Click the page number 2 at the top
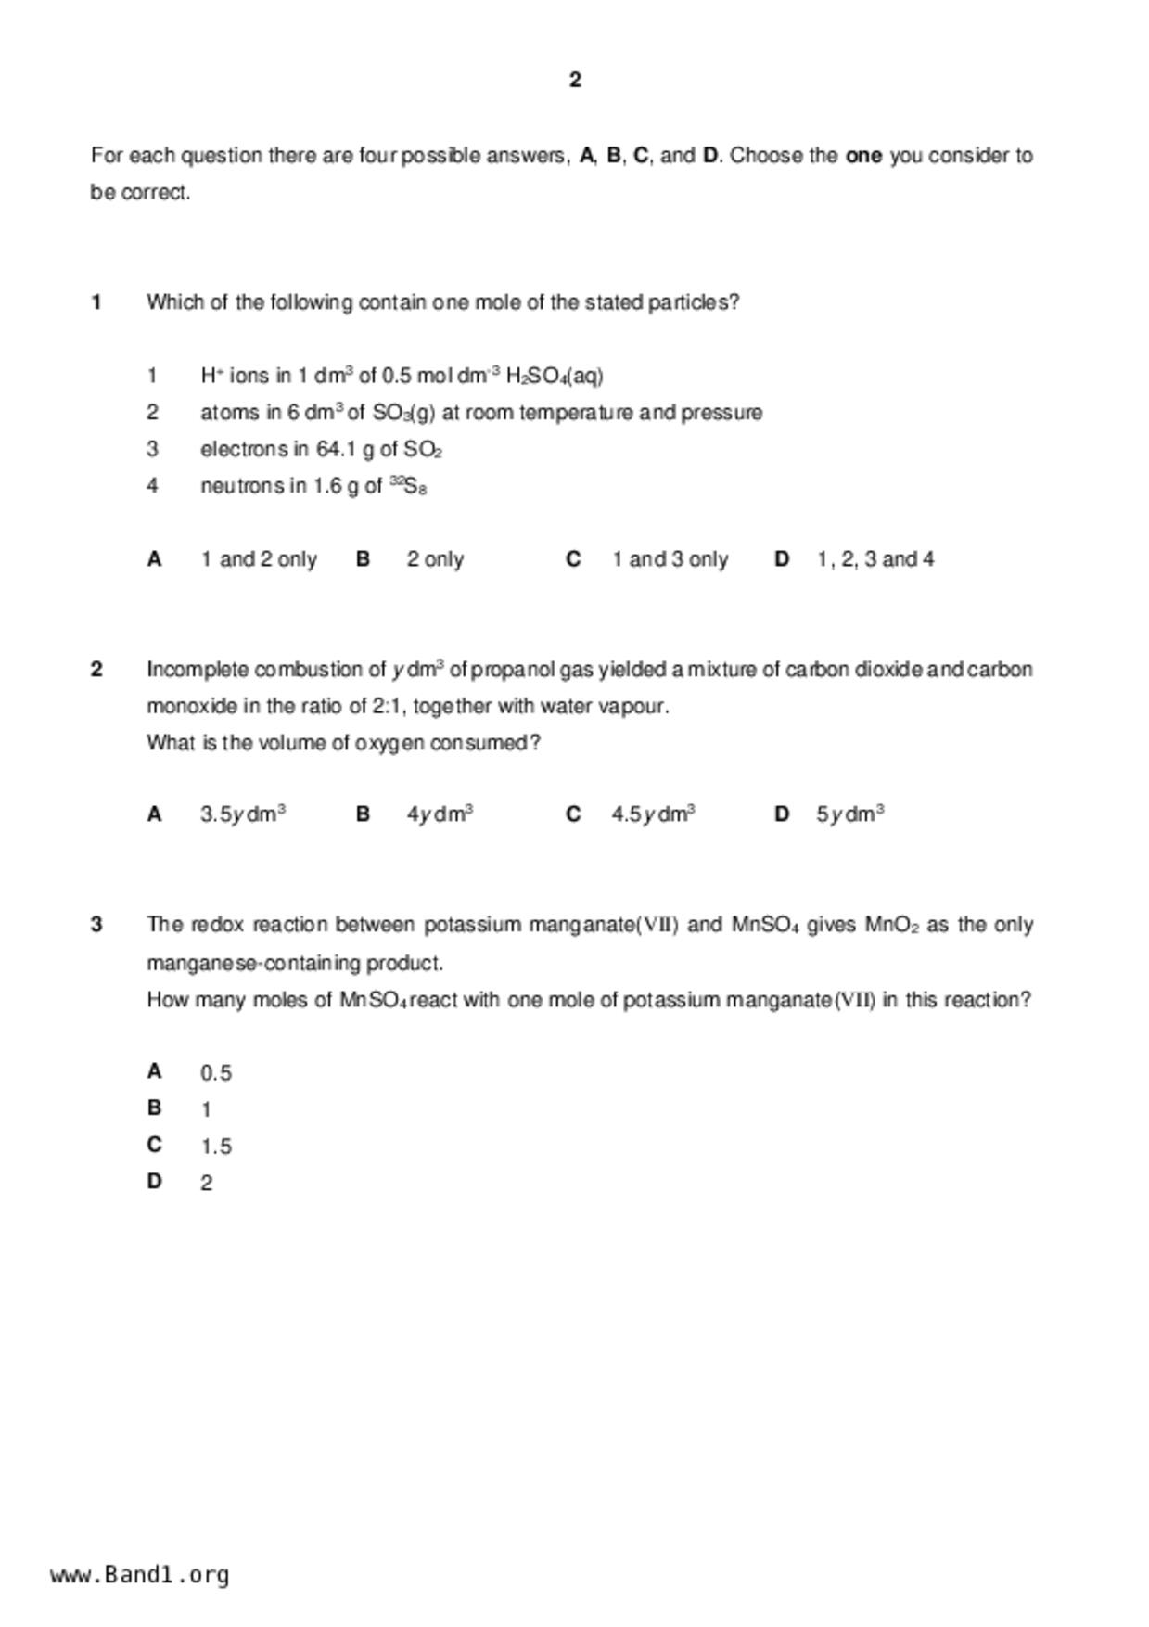point(575,81)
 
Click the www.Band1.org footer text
point(139,1574)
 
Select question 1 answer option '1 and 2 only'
point(259,559)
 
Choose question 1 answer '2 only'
point(435,559)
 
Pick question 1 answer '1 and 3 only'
point(670,559)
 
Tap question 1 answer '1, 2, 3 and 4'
point(875,559)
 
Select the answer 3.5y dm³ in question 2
point(243,814)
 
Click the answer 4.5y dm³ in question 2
point(654,814)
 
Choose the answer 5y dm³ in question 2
point(850,814)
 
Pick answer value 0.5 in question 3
point(216,1073)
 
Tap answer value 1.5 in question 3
point(216,1147)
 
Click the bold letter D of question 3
point(154,1182)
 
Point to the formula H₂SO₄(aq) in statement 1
point(555,376)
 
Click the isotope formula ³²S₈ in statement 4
point(408,486)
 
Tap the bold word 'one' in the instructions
point(863,156)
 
